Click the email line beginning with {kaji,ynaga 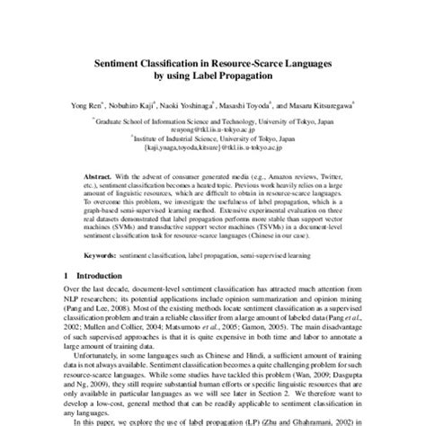213,147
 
